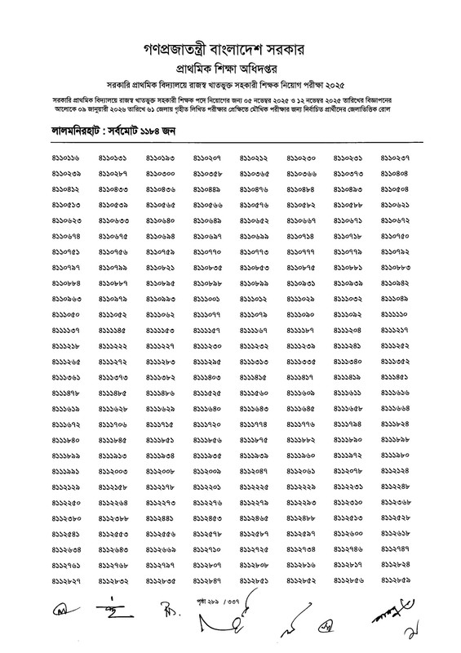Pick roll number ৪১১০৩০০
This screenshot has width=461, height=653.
[x=161, y=174]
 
